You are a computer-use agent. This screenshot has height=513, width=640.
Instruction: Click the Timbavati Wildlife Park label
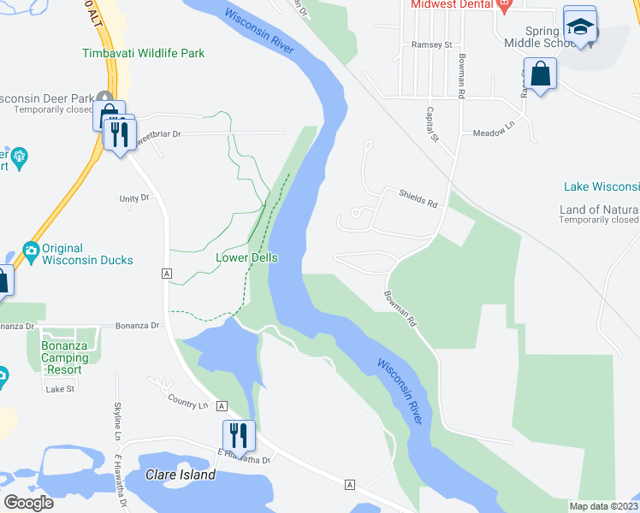[144, 53]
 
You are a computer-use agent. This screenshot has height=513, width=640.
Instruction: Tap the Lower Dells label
[247, 257]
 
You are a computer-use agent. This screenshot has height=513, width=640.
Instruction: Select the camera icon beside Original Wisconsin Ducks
[32, 249]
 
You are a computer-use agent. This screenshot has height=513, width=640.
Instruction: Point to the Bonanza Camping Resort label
[62, 357]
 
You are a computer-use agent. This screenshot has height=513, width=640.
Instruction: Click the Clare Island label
[180, 475]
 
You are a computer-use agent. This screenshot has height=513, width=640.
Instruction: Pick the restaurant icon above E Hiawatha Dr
[239, 435]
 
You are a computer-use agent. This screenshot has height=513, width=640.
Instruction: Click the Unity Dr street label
[134, 198]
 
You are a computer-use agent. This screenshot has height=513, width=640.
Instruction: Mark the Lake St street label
[61, 389]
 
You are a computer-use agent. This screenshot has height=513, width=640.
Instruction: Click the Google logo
[29, 502]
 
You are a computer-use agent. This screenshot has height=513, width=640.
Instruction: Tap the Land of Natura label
[599, 209]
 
